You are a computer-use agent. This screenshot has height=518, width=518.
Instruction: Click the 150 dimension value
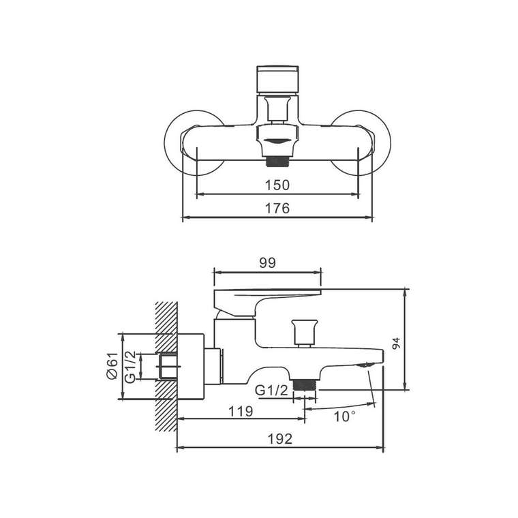[277, 185]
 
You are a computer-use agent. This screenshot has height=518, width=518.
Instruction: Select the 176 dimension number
[277, 209]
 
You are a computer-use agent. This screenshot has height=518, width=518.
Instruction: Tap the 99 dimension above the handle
[267, 263]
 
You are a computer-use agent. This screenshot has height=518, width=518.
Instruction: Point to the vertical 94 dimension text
[396, 344]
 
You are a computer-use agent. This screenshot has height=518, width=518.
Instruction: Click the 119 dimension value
[241, 412]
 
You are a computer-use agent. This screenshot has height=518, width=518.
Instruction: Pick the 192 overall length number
[280, 439]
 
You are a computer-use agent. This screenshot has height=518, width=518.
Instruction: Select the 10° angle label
[345, 416]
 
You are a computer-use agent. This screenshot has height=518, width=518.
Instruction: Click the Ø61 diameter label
[112, 365]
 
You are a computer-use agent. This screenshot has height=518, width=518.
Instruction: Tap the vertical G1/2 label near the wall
[130, 367]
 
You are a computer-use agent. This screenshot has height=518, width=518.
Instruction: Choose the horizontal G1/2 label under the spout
[271, 391]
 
